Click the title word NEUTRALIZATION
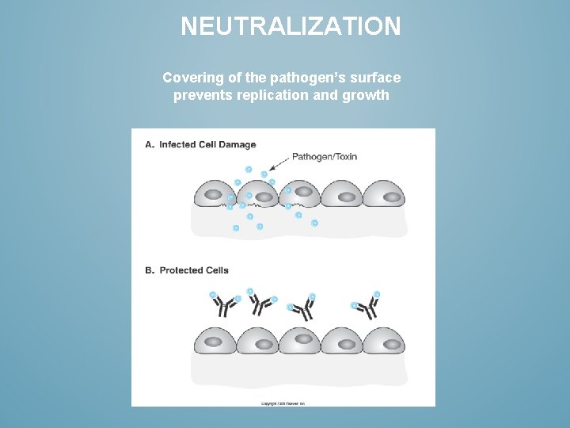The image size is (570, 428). click(291, 27)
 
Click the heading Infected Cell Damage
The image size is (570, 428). click(207, 144)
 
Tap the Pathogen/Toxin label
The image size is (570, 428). click(325, 156)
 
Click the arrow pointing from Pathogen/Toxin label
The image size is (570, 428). click(279, 163)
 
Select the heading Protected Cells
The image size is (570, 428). click(194, 270)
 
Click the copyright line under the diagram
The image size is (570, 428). click(283, 403)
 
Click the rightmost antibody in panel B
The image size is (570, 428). click(367, 306)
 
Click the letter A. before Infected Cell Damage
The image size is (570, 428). click(149, 144)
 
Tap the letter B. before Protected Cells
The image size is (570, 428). click(149, 270)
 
